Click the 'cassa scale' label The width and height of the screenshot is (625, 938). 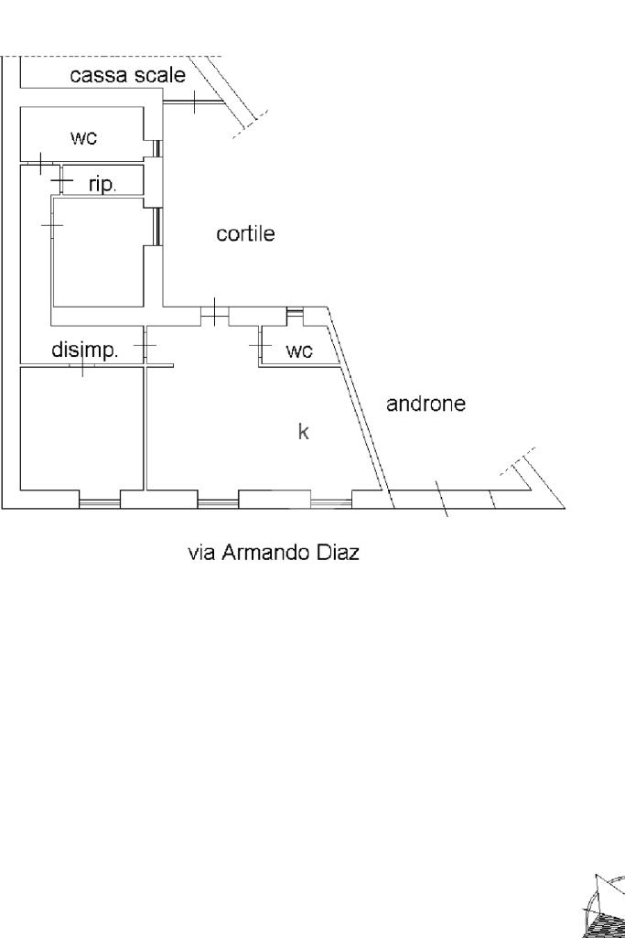(127, 75)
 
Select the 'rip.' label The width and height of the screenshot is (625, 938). (102, 183)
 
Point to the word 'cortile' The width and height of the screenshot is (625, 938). (245, 234)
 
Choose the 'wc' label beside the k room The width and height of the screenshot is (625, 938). (299, 350)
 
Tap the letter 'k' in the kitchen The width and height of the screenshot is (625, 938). (304, 432)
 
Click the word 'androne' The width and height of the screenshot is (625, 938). (426, 403)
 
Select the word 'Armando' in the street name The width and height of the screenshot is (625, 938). (265, 554)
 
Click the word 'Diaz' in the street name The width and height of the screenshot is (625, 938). (339, 554)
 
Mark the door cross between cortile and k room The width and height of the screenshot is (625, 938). (214, 312)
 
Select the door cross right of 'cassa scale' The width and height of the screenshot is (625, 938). (195, 101)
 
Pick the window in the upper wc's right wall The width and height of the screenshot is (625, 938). (157, 148)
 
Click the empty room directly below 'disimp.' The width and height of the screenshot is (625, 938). (81, 428)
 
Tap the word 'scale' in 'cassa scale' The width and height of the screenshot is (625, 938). (160, 75)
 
